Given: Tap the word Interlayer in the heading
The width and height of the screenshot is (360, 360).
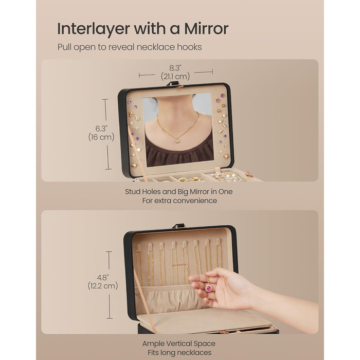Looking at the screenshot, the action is point(94,29).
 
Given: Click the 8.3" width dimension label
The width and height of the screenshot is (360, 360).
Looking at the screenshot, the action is point(175,68).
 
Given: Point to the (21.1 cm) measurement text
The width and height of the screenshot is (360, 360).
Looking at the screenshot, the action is point(175,76).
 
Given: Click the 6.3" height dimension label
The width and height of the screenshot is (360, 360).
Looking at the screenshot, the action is point(101,129).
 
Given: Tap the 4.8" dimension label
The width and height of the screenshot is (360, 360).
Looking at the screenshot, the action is point(103,278).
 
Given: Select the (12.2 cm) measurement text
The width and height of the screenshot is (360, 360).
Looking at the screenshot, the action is point(103,286).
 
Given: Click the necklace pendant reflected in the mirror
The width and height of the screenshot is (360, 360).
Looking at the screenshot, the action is point(177,141).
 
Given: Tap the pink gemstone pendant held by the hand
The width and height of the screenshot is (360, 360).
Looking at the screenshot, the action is point(208,288).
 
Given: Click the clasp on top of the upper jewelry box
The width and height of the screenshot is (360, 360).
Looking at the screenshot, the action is point(175,84).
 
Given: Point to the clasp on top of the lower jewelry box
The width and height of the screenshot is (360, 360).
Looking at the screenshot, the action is point(178,226).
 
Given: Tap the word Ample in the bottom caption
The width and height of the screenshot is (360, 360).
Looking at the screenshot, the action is point(153,344).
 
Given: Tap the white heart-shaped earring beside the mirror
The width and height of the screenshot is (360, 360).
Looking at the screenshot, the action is point(139,150).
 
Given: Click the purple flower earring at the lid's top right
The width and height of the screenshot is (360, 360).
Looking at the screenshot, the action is point(223,95).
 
